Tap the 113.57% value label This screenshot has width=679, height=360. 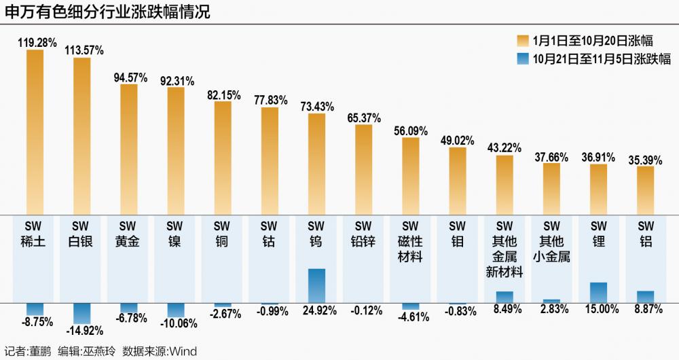pyautogui.click(x=81, y=50)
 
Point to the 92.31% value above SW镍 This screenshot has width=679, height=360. pyautogui.click(x=176, y=79)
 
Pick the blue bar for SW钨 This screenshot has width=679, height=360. pyautogui.click(x=316, y=285)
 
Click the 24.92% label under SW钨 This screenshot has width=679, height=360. pyautogui.click(x=316, y=311)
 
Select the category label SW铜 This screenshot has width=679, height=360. pyautogui.click(x=223, y=234)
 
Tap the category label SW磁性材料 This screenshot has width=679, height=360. pyautogui.click(x=410, y=241)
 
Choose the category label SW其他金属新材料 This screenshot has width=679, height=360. pyautogui.click(x=504, y=249)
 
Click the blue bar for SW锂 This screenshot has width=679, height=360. pyautogui.click(x=598, y=292)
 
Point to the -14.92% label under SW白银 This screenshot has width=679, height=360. pyautogui.click(x=82, y=331)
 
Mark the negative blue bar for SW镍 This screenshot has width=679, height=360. pyautogui.click(x=176, y=310)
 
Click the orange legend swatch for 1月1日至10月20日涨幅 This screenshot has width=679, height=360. pyautogui.click(x=523, y=39)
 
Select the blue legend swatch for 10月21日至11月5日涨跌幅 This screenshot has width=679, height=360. pyautogui.click(x=523, y=59)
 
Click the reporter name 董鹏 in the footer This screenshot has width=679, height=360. pyautogui.click(x=38, y=352)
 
